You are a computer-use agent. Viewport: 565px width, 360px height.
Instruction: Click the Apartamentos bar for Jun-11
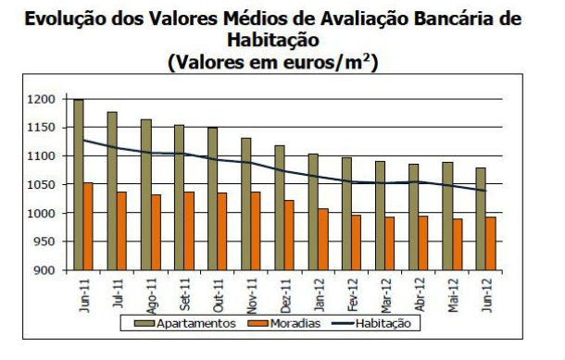(79, 184)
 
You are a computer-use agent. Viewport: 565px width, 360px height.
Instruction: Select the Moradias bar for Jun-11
(89, 226)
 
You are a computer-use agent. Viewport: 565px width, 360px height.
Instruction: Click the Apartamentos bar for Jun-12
(480, 218)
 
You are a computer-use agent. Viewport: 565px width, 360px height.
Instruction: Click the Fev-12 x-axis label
(351, 294)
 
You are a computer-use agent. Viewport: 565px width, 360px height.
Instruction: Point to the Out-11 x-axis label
(217, 294)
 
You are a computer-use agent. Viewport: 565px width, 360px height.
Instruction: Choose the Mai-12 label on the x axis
(452, 294)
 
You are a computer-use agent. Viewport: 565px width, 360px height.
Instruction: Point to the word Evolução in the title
(69, 19)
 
